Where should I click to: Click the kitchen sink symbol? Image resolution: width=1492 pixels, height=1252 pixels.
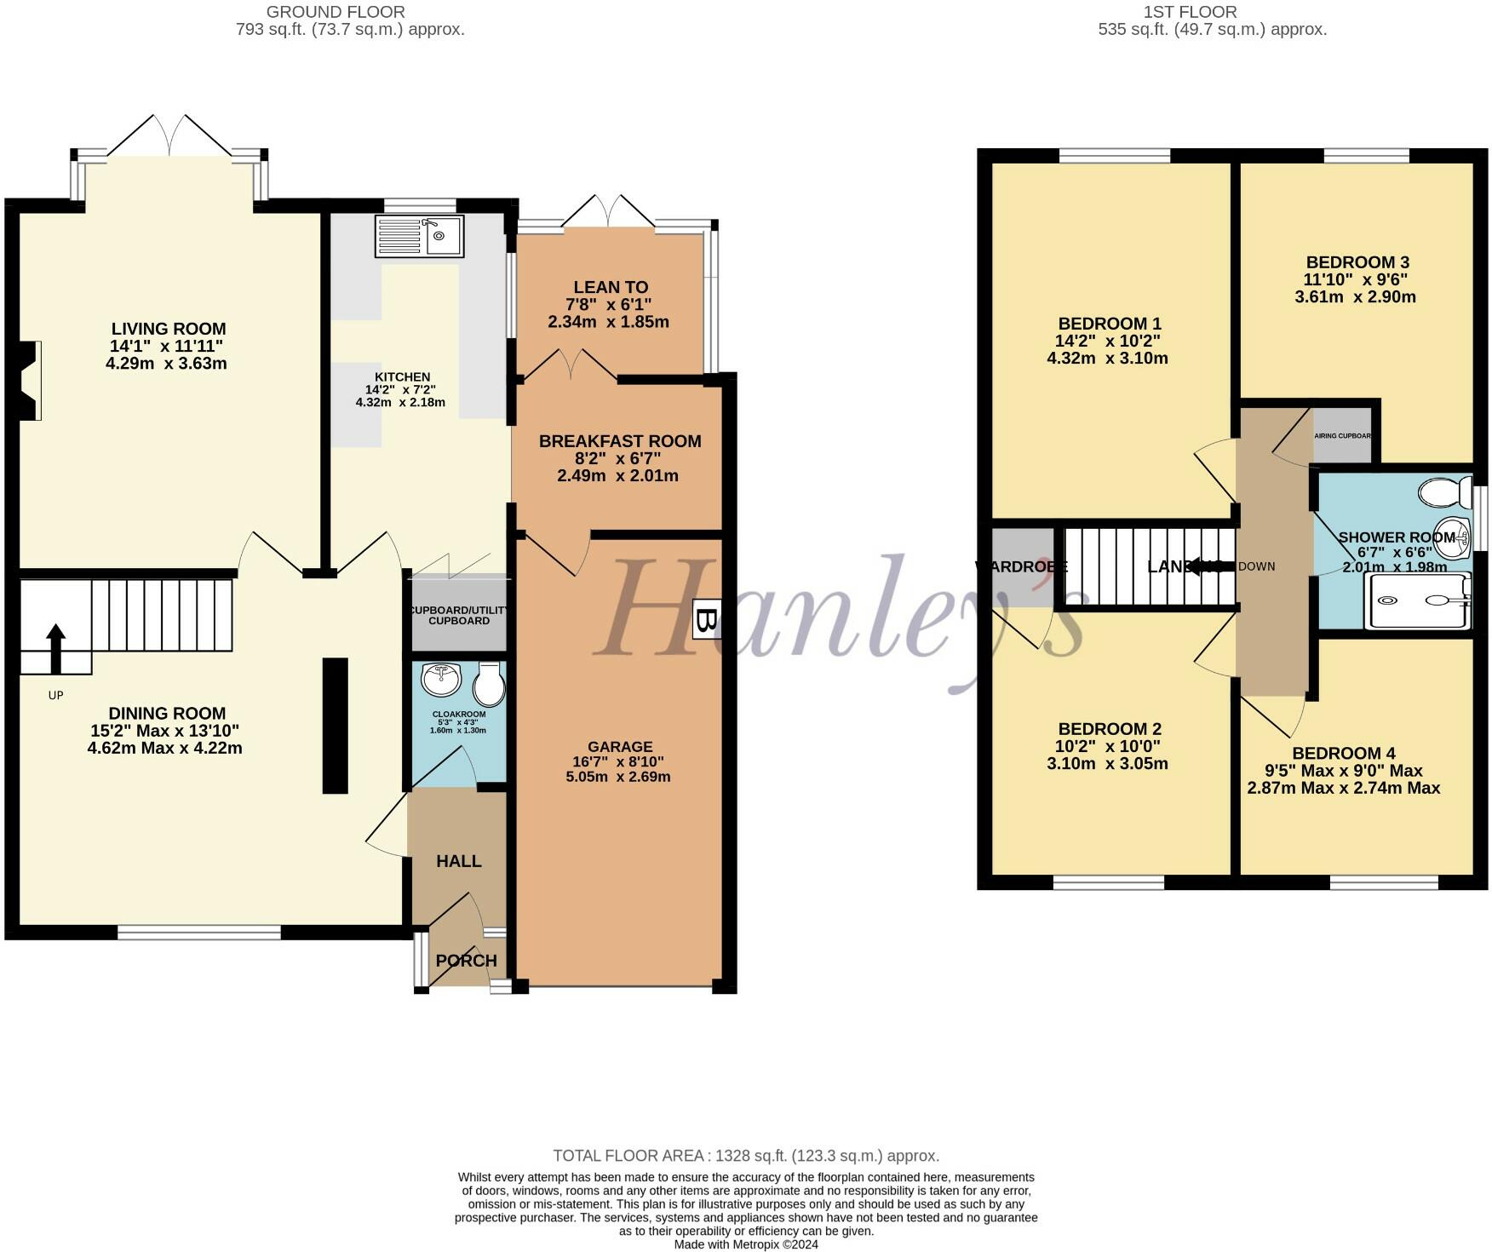(420, 236)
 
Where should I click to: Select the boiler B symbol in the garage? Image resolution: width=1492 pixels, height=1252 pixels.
(706, 619)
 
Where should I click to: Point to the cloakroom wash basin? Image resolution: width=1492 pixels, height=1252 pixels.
(440, 678)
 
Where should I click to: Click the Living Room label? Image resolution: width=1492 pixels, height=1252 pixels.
(169, 329)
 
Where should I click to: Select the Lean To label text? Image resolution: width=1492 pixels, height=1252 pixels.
(611, 288)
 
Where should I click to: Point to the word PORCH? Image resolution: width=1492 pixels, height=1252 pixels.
(466, 961)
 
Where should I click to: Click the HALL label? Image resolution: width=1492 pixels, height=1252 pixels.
(459, 861)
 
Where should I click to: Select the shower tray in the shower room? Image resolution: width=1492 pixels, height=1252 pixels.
(1417, 600)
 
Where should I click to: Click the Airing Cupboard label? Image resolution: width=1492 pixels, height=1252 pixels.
(1342, 436)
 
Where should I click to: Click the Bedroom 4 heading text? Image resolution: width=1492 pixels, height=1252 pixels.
(1343, 753)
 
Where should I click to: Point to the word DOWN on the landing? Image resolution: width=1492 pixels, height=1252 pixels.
(1256, 566)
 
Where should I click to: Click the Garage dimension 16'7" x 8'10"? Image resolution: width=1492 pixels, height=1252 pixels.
(617, 761)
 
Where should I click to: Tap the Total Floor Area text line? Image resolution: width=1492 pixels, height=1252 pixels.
(745, 1156)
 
